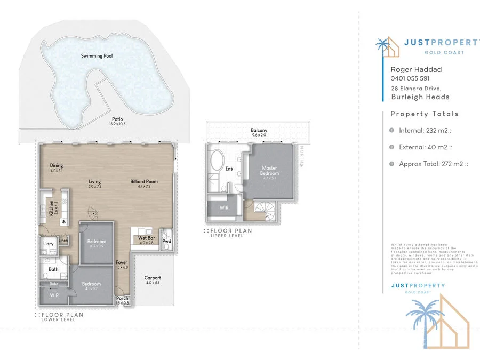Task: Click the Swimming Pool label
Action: coord(97,56)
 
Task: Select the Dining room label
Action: coord(57,166)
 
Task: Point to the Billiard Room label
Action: coord(141,182)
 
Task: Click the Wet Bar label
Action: coord(146,238)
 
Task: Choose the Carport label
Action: coord(153,278)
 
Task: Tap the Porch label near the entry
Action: coord(122,299)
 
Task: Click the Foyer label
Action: coord(122,262)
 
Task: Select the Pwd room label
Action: coord(166,241)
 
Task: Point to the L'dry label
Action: coord(48,244)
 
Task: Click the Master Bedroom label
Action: coord(269,171)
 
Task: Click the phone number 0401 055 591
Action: coord(410,78)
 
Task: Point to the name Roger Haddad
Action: coord(416,69)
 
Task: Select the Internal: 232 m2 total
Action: coord(426,130)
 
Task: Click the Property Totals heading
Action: coord(425,114)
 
